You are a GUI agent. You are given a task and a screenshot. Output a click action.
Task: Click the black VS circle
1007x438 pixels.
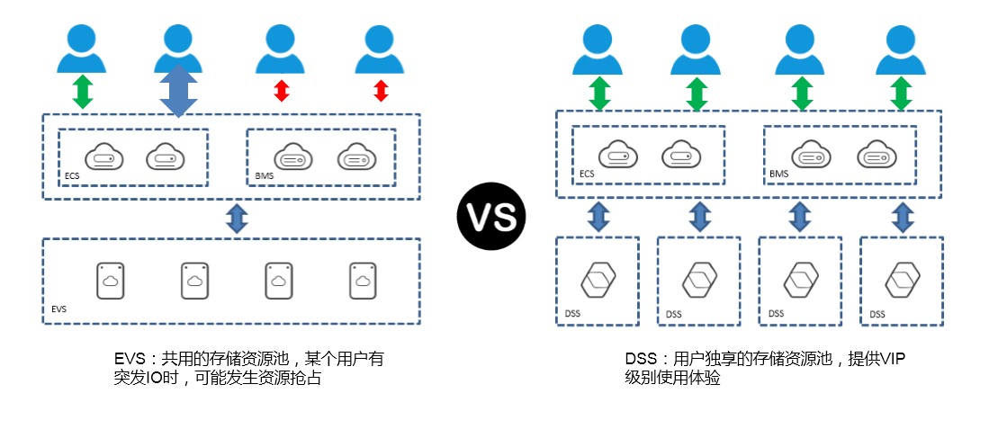491,215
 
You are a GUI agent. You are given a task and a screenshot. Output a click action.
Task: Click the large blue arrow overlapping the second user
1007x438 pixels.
178,91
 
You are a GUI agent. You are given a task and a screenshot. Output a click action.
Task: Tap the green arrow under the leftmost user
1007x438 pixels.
83,92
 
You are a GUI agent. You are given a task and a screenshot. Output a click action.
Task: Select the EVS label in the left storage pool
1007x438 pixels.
58,308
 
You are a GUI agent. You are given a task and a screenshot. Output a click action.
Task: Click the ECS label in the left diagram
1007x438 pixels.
72,175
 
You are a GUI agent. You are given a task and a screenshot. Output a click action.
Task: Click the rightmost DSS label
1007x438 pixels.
877,314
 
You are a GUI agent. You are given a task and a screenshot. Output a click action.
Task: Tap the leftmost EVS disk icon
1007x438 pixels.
111,282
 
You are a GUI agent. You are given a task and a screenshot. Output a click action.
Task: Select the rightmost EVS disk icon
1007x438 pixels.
363,282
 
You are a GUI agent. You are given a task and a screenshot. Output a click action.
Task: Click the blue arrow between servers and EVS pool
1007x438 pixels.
237,219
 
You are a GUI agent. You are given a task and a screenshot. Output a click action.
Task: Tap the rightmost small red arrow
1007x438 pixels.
381,91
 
